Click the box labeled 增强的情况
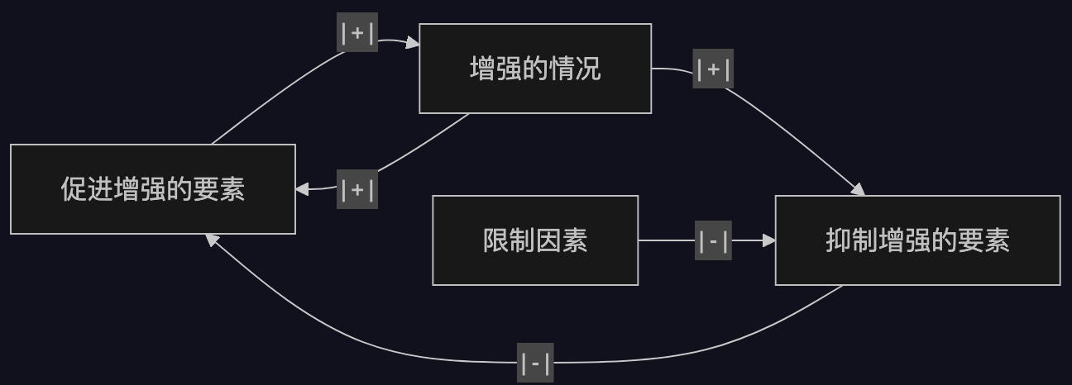coord(535,69)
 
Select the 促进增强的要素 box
coord(153,189)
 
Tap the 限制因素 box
coord(535,240)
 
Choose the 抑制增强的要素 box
coord(917,240)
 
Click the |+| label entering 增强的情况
coord(357,33)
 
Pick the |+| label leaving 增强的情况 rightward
coord(712,69)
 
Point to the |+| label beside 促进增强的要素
coord(357,189)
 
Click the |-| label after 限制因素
coord(713,241)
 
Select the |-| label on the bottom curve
coord(535,363)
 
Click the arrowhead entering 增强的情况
coord(413,43)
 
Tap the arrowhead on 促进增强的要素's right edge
coord(302,189)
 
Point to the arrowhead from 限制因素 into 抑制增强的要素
coord(768,240)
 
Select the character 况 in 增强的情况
coord(588,69)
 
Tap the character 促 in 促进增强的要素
coord(73,189)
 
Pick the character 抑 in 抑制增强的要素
coord(838,241)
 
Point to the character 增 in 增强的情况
coord(482,69)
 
